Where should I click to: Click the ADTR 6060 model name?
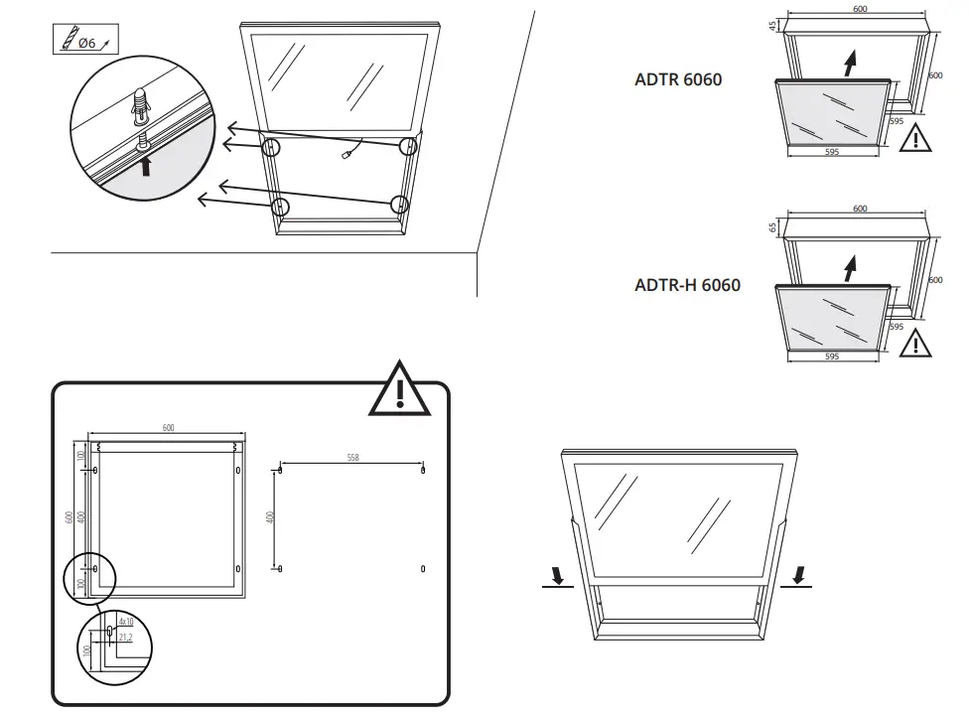[x=678, y=79]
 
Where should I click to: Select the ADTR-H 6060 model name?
[x=687, y=285]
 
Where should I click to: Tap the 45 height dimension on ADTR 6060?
[x=771, y=26]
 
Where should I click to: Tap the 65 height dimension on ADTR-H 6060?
[x=771, y=227]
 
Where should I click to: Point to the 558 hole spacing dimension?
[x=352, y=458]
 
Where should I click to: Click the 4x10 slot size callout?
[x=125, y=621]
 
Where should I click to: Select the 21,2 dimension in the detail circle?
[x=125, y=637]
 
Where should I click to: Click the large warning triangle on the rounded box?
[x=399, y=390]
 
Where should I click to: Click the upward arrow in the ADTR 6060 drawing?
[x=849, y=64]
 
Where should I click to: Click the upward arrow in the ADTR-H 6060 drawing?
[x=849, y=268]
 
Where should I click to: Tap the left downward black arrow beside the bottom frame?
[x=557, y=575]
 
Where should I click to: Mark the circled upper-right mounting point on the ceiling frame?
[x=407, y=147]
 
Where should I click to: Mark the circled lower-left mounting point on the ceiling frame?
[x=281, y=207]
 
